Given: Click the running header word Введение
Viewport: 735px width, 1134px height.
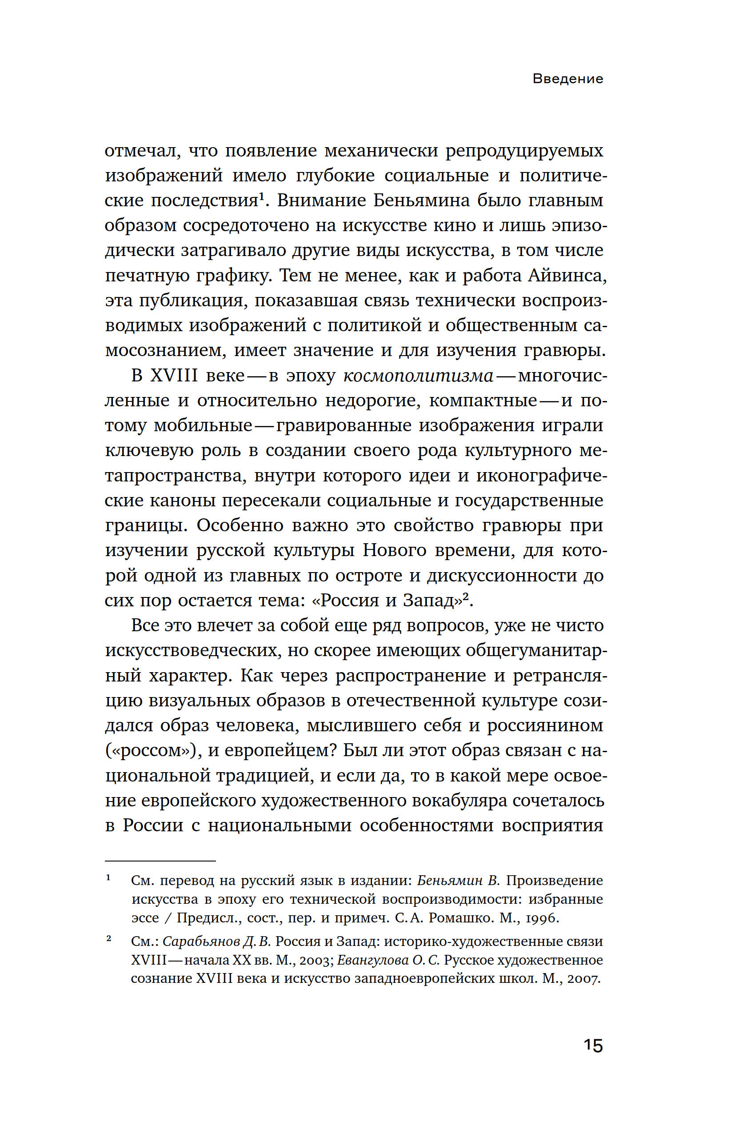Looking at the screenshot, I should (567, 79).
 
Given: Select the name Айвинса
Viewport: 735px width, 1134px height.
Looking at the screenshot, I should (567, 276).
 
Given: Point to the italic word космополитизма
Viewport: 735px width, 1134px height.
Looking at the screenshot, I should (418, 376).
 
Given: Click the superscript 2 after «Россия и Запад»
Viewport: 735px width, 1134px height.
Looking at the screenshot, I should (466, 596).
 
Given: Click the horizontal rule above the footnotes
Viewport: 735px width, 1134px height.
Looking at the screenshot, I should (160, 861).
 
